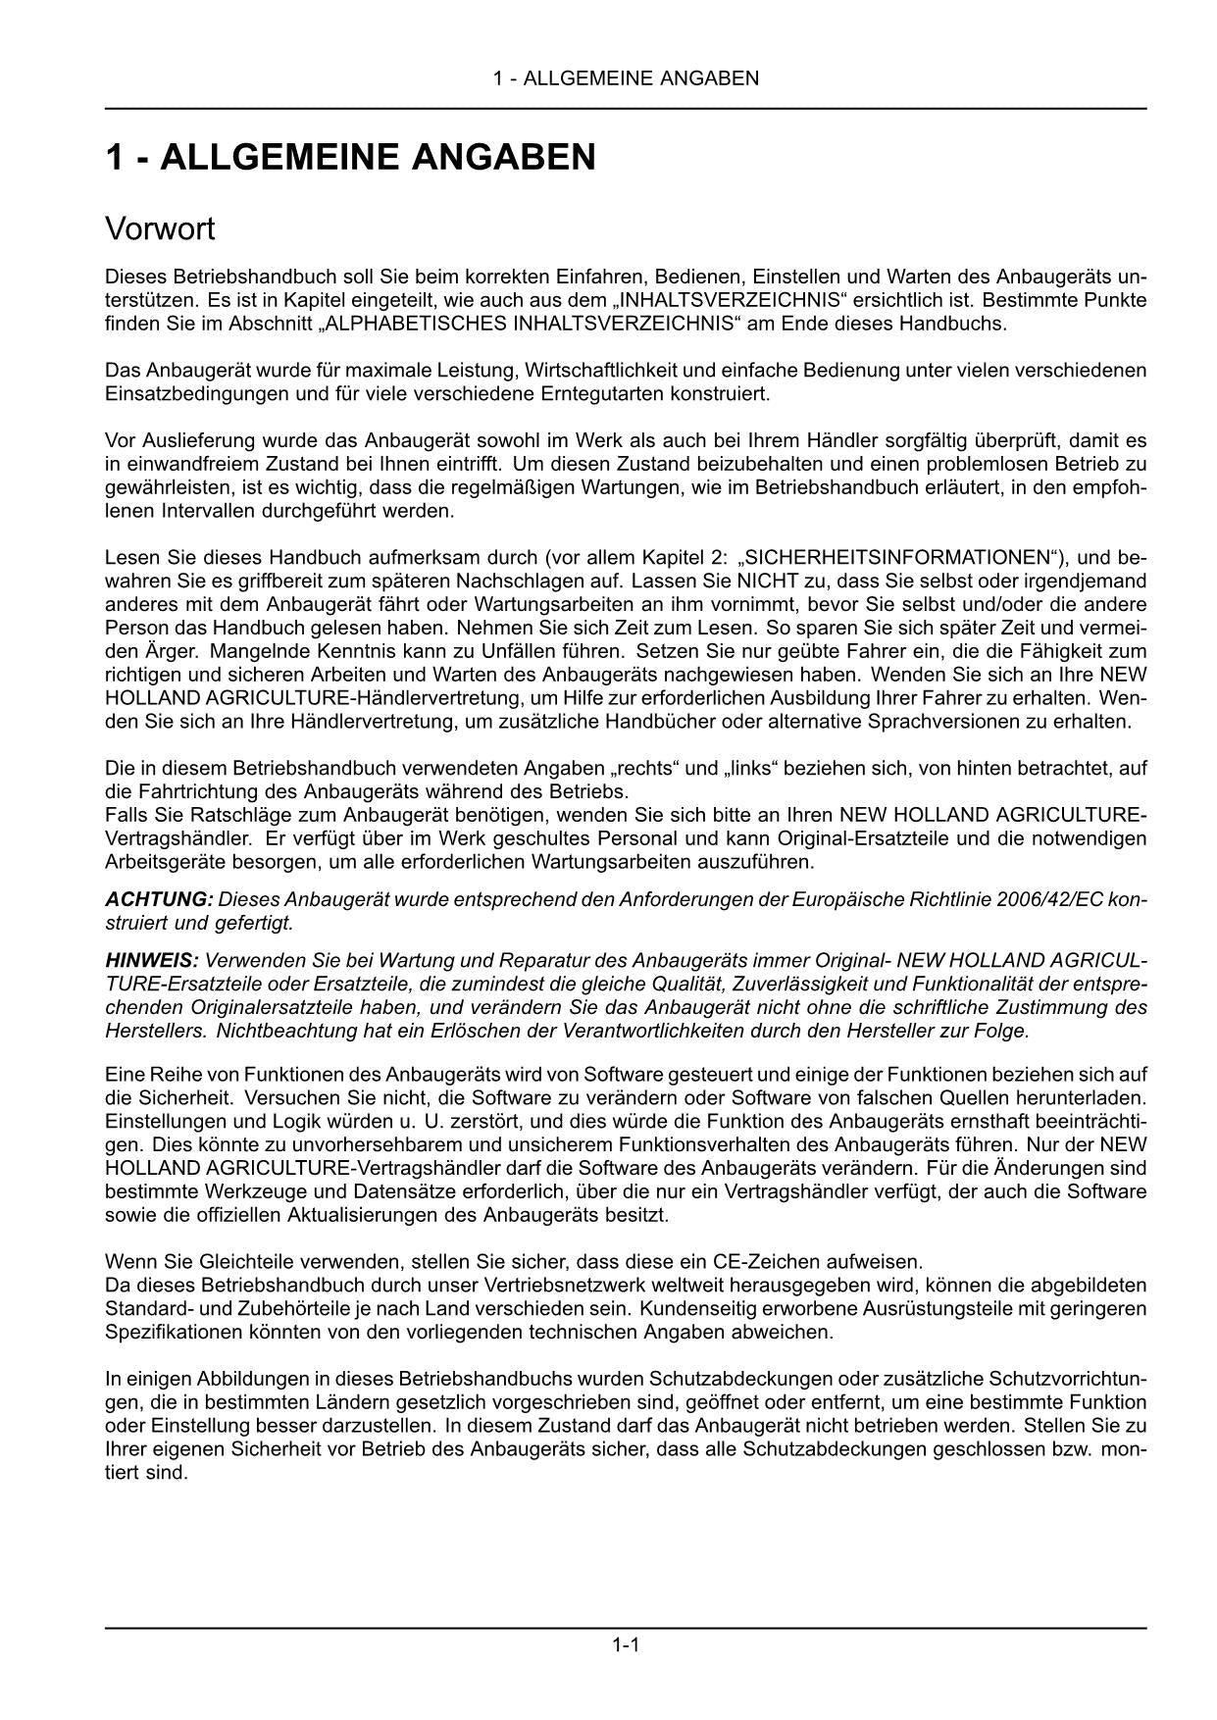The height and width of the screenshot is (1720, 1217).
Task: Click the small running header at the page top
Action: pyautogui.click(x=626, y=78)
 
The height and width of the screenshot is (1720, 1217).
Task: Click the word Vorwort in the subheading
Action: pyautogui.click(x=159, y=229)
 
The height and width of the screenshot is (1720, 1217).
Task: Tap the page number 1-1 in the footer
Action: pyautogui.click(x=626, y=1645)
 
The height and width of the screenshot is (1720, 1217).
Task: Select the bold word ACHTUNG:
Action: pyautogui.click(x=159, y=899)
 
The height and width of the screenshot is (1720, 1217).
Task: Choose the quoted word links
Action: pyautogui.click(x=756, y=768)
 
